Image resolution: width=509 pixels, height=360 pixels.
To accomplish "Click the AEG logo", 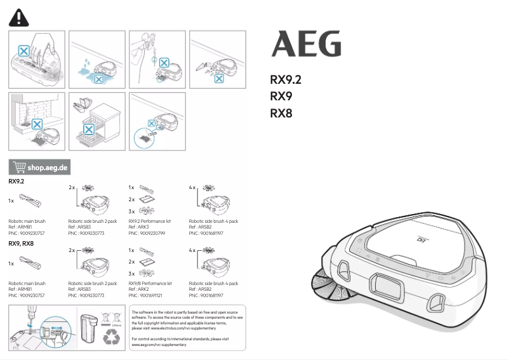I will (306, 44).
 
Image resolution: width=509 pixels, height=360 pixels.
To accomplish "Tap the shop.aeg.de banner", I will (39, 168).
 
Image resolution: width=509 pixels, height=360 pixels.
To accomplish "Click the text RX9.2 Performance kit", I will (150, 222).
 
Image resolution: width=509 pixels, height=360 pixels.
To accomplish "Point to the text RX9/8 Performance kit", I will (150, 283).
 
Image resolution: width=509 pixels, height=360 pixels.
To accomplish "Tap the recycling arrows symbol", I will (112, 337).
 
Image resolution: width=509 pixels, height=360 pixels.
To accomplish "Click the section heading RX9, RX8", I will (21, 243).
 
